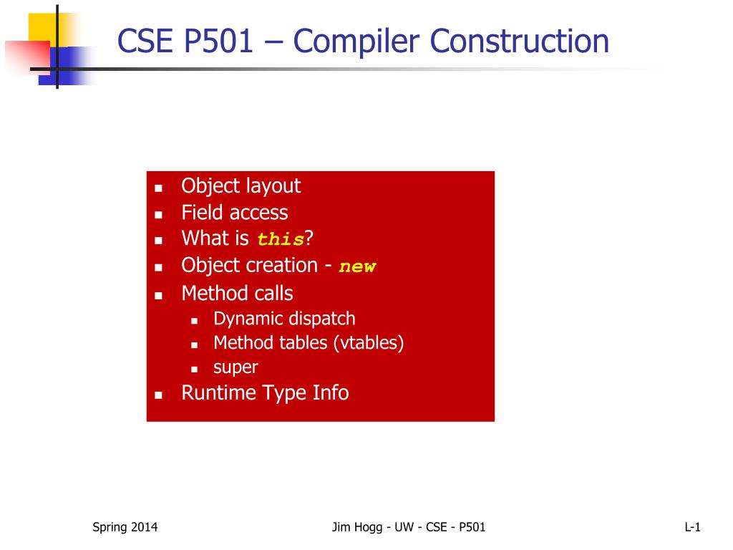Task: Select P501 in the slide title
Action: tap(218, 41)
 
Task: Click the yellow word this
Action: tap(281, 239)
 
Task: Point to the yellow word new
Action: tap(357, 266)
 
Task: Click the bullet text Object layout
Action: tap(241, 186)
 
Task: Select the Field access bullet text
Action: tap(235, 212)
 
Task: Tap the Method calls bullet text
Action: tap(237, 293)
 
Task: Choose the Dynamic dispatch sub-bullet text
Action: tap(284, 319)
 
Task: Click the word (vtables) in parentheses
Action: tap(369, 343)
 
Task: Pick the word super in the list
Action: tap(236, 367)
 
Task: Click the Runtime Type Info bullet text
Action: tap(265, 393)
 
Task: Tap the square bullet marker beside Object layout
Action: tap(158, 188)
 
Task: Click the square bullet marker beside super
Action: tap(195, 369)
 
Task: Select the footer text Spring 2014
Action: tap(125, 527)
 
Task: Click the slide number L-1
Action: tap(692, 527)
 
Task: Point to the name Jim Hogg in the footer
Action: tap(357, 527)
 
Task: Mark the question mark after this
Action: tap(309, 238)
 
